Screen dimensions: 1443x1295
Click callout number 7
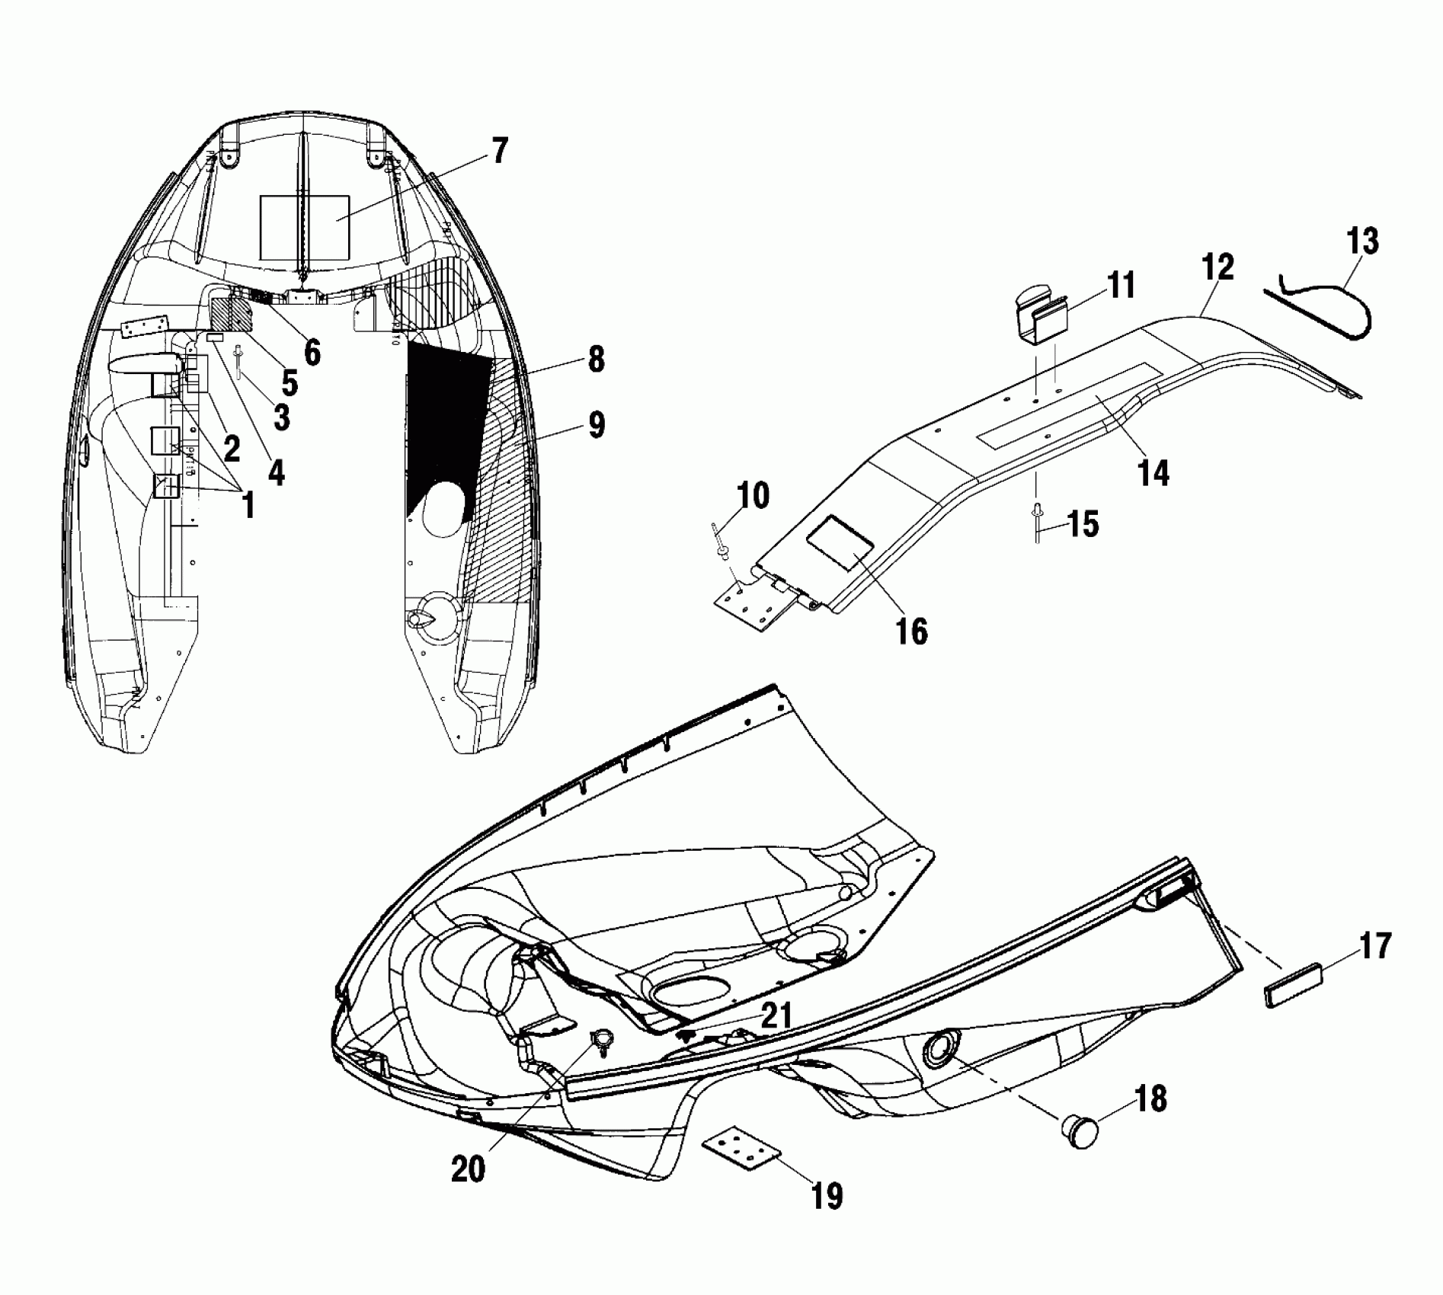[x=498, y=152]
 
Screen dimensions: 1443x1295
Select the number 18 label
[x=1150, y=1099]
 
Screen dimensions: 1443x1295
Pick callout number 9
[x=597, y=425]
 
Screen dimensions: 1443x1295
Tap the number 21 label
[x=776, y=1015]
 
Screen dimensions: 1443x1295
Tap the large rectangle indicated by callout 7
[x=305, y=227]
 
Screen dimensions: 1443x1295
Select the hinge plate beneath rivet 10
[x=748, y=599]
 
